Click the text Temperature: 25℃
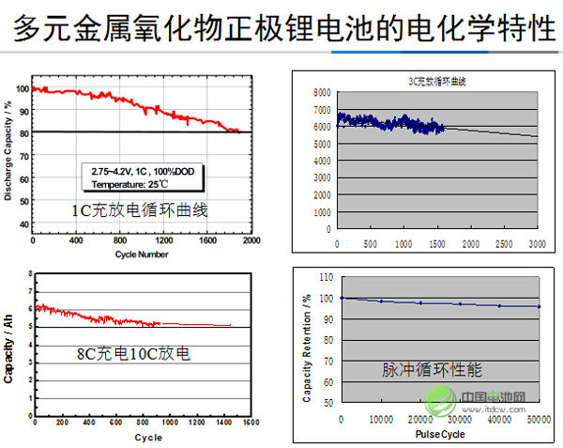pos(136,185)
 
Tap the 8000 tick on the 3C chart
pos(322,93)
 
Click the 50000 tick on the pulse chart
pos(538,420)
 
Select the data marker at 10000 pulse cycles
pos(381,301)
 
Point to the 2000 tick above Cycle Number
pos(251,241)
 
